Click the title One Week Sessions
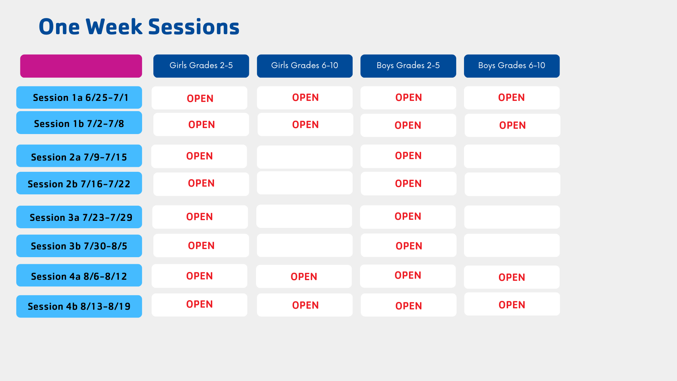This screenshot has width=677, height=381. [x=139, y=27]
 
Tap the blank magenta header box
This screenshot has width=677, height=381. [x=81, y=66]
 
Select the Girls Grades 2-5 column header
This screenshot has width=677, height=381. [x=201, y=66]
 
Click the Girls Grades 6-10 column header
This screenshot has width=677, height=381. [x=305, y=66]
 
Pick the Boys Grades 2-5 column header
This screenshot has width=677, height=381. [x=408, y=66]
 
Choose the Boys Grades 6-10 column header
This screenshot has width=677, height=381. [x=512, y=66]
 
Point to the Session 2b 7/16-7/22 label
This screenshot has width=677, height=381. [x=79, y=183]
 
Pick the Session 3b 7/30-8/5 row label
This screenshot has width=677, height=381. [x=79, y=246]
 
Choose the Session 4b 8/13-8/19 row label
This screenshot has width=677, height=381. [x=79, y=306]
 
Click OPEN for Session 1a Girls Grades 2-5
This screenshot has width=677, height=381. [x=200, y=98]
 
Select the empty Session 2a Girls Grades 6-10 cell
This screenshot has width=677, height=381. [x=305, y=157]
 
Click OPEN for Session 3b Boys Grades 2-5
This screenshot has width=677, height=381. [x=409, y=246]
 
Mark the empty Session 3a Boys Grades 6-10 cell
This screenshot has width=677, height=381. [x=512, y=217]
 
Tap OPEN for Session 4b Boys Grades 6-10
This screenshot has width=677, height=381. [x=512, y=305]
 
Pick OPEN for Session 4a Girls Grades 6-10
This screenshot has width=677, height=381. [x=304, y=277]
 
